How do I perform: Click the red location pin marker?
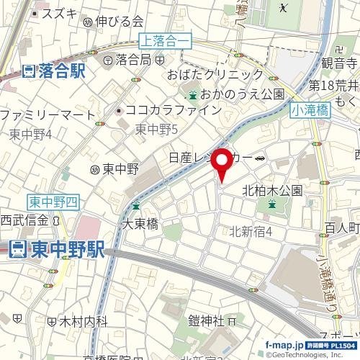pyautogui.click(x=222, y=165)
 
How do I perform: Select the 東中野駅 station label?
pyautogui.click(x=58, y=250)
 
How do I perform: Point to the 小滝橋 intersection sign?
pyautogui.click(x=310, y=110)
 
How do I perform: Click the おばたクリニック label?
pyautogui.click(x=215, y=75)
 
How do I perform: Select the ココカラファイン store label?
pyautogui.click(x=173, y=110)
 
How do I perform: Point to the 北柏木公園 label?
pyautogui.click(x=271, y=191)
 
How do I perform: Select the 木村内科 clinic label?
pyautogui.click(x=84, y=320)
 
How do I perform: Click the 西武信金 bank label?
pyautogui.click(x=23, y=220)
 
